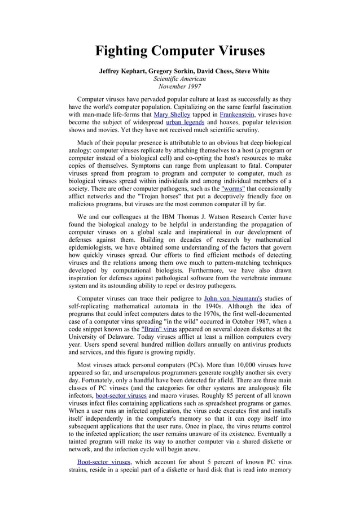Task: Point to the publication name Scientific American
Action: [x=180, y=79]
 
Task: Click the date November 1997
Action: [x=180, y=87]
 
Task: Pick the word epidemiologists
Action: [x=91, y=247]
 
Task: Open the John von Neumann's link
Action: [x=237, y=298]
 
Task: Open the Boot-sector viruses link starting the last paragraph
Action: [x=104, y=461]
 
